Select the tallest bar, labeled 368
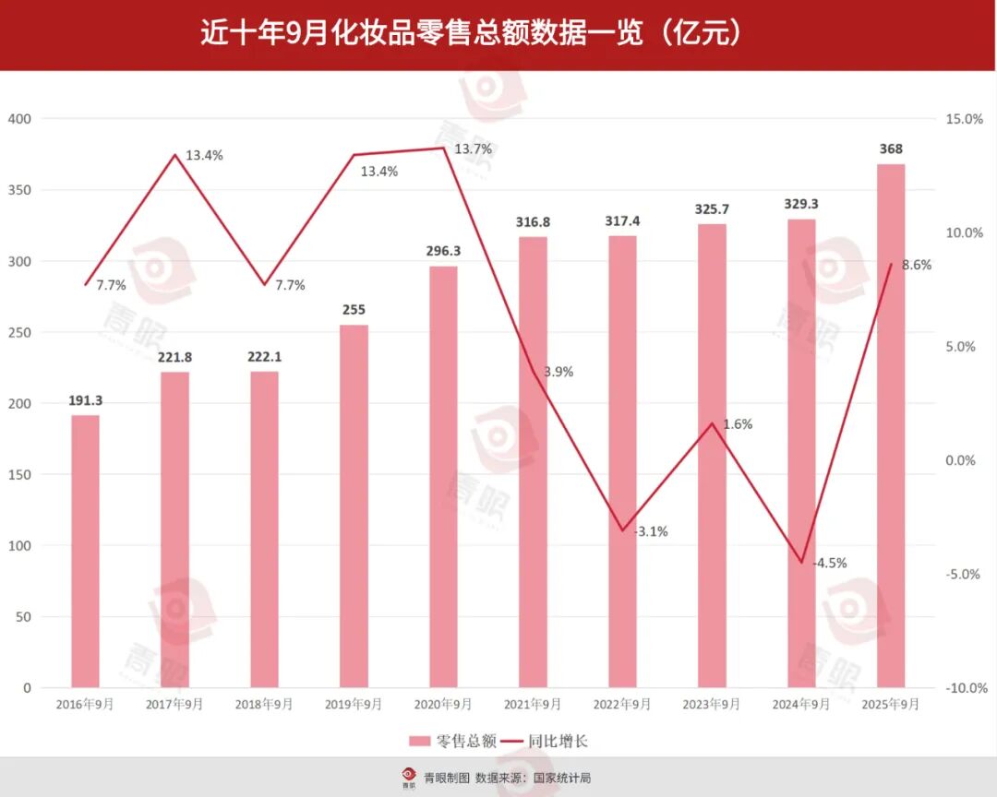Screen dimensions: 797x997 coord(891,425)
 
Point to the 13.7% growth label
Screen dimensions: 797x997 coord(473,149)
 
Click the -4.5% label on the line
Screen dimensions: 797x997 coord(829,563)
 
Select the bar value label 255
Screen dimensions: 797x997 coord(354,310)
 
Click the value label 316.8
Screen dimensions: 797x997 coord(533,221)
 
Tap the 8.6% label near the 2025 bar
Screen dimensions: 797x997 coord(917,265)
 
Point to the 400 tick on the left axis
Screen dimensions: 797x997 coord(19,119)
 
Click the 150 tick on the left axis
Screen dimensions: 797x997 coord(19,475)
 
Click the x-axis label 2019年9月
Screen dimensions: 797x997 coord(354,705)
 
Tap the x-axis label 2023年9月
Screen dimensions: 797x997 coord(712,705)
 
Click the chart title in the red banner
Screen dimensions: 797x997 coord(472,34)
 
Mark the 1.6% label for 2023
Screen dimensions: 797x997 coord(738,424)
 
